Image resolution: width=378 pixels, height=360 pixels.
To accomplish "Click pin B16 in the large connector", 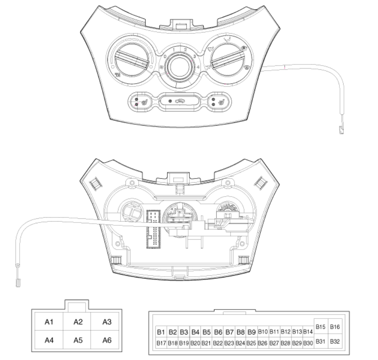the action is click(335, 327).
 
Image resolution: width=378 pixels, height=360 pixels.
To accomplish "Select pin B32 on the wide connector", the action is click(335, 341).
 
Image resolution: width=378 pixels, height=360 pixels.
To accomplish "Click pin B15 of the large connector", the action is click(321, 327).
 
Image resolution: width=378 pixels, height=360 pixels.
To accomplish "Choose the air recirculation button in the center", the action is click(179, 101).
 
